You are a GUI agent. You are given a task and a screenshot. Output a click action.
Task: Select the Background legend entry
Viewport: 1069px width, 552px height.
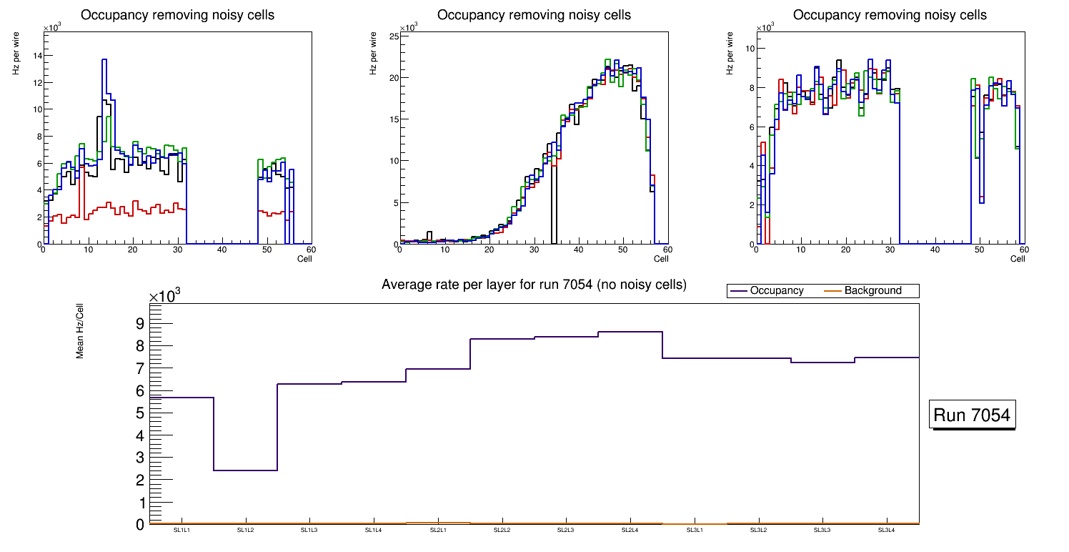click(872, 291)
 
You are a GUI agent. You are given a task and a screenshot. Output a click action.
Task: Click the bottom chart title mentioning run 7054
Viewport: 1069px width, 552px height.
click(534, 285)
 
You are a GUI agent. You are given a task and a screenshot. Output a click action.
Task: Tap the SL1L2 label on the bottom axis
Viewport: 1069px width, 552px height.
click(246, 530)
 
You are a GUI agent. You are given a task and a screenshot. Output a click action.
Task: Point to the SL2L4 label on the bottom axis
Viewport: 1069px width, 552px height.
click(630, 530)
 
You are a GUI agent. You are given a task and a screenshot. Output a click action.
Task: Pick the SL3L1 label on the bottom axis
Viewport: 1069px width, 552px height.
click(694, 530)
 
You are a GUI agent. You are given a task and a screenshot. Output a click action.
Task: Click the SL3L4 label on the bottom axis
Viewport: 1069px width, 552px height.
click(886, 530)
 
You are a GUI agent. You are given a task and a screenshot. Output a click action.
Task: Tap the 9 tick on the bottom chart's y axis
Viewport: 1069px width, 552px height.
click(139, 323)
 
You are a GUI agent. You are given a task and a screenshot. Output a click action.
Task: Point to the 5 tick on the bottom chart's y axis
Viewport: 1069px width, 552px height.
click(139, 413)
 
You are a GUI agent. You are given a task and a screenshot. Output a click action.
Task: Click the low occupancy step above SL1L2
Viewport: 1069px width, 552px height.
click(245, 470)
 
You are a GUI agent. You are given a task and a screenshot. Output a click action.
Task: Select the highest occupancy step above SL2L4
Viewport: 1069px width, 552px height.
click(630, 332)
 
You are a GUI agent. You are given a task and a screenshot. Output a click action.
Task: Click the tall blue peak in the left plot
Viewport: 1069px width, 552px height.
click(104, 60)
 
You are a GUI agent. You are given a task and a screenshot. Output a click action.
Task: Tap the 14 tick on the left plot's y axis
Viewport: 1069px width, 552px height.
click(38, 56)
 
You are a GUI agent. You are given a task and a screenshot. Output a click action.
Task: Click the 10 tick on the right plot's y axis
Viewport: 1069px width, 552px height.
click(750, 49)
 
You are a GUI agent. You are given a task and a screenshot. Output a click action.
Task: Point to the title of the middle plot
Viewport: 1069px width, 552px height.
click(534, 15)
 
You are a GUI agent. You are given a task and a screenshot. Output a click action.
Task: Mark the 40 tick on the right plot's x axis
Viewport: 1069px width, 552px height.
click(935, 250)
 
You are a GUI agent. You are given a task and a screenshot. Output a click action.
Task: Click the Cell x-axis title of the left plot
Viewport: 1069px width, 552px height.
click(304, 258)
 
